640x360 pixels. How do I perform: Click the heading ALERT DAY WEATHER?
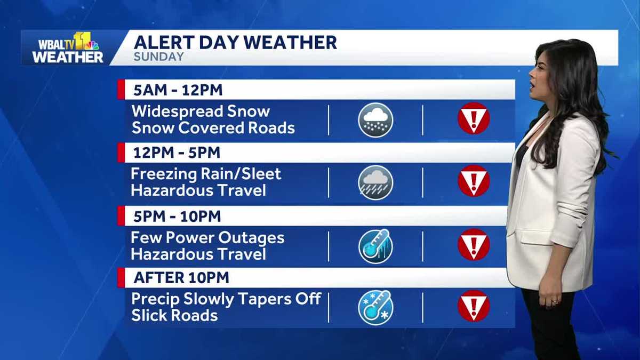click(235, 42)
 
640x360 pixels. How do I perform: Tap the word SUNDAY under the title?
click(158, 57)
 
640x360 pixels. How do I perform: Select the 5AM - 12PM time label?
click(178, 90)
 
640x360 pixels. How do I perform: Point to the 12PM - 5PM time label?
click(176, 153)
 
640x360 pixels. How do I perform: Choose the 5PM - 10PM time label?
click(177, 217)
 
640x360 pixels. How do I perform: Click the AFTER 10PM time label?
click(181, 278)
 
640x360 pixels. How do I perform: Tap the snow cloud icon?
click(375, 120)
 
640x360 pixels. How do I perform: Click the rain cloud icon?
click(375, 182)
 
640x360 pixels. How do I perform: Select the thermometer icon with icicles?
click(375, 246)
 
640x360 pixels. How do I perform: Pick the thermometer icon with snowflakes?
click(375, 307)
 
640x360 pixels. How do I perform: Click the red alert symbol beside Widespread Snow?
click(473, 118)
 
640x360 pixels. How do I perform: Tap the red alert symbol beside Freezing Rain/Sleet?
click(473, 181)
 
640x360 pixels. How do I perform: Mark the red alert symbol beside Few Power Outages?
click(473, 244)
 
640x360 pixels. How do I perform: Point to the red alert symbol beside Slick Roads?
click(473, 306)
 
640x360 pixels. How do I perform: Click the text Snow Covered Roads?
click(213, 129)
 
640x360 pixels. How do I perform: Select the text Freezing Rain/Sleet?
click(206, 174)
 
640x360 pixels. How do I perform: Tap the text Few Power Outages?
click(207, 237)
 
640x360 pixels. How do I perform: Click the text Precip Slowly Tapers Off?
click(226, 299)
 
